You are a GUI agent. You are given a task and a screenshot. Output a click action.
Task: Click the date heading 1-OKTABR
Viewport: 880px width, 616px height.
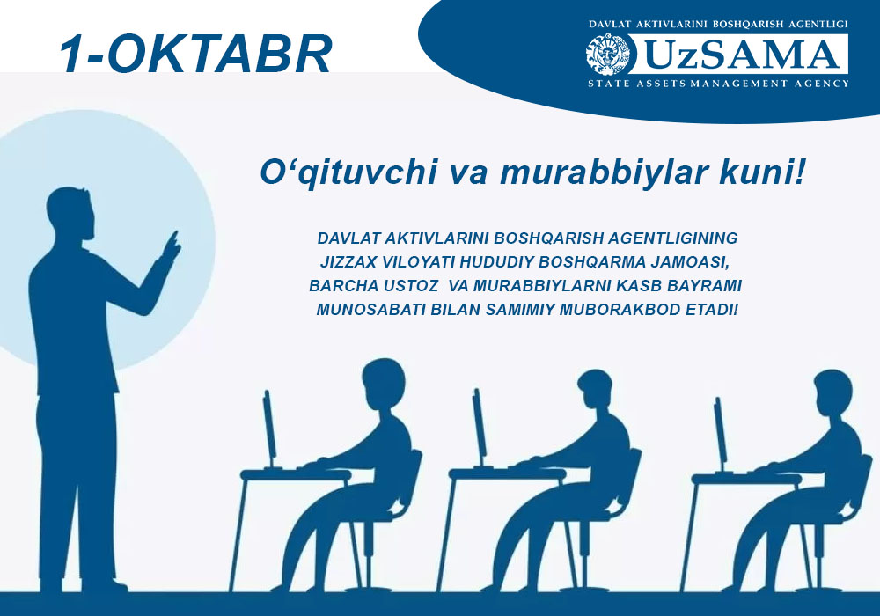click(x=195, y=55)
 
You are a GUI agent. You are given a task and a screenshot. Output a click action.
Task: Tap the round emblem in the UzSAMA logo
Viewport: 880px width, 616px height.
click(x=608, y=55)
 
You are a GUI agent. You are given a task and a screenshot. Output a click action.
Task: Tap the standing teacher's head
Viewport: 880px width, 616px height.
click(x=71, y=213)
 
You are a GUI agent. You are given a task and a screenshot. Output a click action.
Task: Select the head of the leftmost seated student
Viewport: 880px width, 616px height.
click(x=384, y=382)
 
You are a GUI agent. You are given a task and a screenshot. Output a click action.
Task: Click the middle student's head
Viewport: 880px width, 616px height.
click(x=598, y=391)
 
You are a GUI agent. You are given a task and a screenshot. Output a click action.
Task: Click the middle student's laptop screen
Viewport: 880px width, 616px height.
click(x=479, y=428)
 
